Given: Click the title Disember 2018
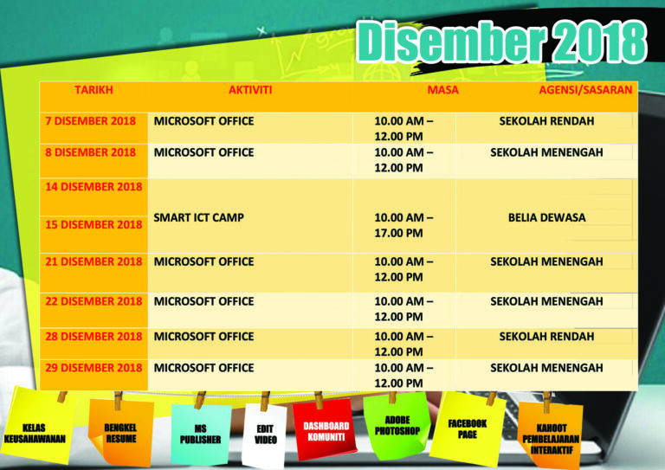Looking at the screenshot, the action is [x=501, y=42].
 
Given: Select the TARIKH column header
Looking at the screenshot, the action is [x=94, y=90].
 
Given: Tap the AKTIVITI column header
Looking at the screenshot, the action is [x=250, y=90].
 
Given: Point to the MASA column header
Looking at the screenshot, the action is [x=442, y=90].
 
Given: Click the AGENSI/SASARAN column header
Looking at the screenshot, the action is [x=585, y=90].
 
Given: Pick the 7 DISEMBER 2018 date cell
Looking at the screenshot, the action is [x=90, y=121].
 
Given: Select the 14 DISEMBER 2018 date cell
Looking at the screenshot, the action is [x=94, y=187].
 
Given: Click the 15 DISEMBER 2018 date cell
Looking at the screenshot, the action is [x=94, y=225].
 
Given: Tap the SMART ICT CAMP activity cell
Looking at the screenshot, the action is [x=198, y=217].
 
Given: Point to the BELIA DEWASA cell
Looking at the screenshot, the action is [x=546, y=217].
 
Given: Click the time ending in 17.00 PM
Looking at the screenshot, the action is [x=404, y=225].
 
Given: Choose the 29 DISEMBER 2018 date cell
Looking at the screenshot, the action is [x=94, y=368].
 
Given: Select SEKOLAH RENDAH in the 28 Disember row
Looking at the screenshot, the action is [x=546, y=337].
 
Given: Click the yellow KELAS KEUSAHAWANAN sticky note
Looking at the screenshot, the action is [x=38, y=426].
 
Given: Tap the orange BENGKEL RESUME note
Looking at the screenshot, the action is [x=121, y=432].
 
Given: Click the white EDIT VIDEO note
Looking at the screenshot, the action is [x=265, y=436].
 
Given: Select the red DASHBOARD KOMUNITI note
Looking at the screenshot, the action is [x=326, y=430].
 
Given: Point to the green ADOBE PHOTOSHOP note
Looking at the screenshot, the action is [x=397, y=425].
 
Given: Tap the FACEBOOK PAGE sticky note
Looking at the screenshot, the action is [x=468, y=428].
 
